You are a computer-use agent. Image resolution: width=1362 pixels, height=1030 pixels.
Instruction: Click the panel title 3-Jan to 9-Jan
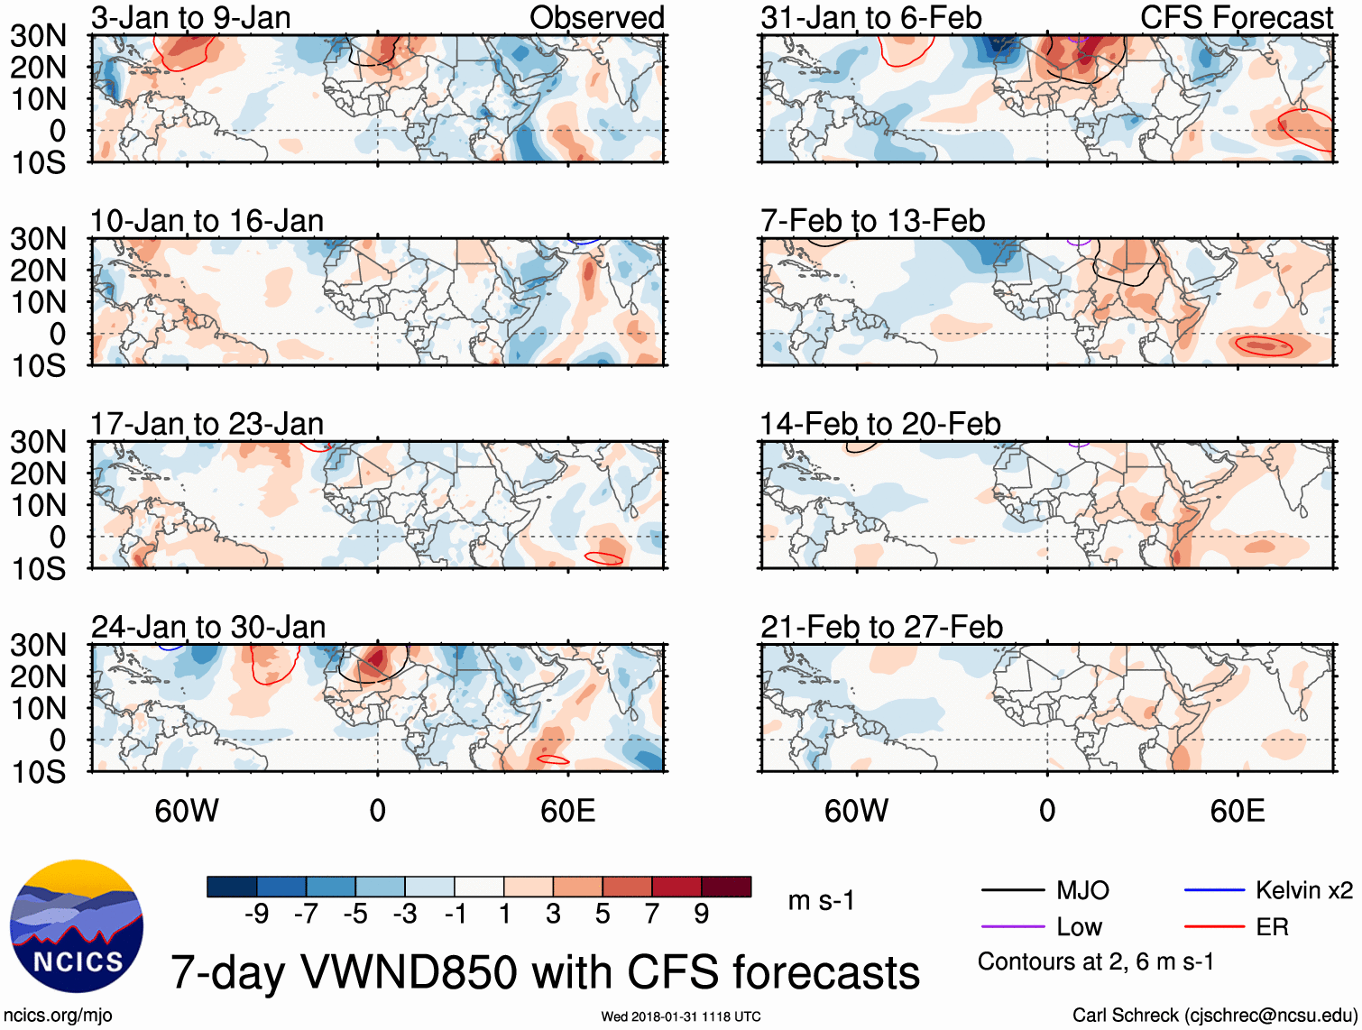(190, 17)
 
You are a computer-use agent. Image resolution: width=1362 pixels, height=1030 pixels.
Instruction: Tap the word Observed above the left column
(596, 17)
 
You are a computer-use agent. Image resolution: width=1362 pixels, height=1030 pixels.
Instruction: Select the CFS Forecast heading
(1237, 17)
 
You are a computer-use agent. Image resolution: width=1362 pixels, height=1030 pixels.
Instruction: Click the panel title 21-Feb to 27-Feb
(881, 627)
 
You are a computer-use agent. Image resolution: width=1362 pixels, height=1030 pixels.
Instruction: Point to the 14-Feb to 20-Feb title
(880, 424)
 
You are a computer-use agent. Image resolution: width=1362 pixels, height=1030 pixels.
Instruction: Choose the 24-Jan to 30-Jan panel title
(207, 627)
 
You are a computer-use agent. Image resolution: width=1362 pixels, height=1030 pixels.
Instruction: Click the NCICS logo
(77, 926)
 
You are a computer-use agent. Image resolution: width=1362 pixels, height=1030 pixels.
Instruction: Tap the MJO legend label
(1082, 891)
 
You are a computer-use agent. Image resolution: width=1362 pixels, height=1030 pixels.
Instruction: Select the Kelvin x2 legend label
(1303, 891)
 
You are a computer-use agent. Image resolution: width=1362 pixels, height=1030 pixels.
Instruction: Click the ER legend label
(1272, 927)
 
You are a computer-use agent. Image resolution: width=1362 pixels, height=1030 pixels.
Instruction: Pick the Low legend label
(1079, 927)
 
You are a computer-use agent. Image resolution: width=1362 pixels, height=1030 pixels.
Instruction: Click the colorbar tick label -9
(256, 915)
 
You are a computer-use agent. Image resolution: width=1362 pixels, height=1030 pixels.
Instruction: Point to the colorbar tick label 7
(652, 915)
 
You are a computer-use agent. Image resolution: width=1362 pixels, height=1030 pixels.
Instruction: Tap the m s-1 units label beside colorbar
(821, 901)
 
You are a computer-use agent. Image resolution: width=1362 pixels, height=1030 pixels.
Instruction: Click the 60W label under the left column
(187, 811)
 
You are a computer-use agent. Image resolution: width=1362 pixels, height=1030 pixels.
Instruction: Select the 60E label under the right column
(1237, 811)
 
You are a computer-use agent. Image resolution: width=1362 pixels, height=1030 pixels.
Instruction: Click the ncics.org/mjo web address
(58, 1016)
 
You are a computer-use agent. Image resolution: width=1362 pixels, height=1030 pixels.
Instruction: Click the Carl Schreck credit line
(1214, 1016)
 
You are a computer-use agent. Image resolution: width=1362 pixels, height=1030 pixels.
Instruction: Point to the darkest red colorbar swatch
(726, 887)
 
